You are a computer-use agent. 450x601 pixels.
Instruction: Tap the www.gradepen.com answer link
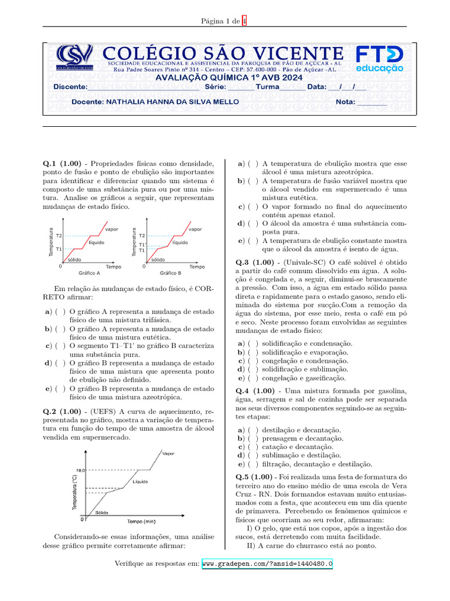point(267,564)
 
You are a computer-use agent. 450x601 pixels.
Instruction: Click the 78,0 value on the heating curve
point(81,471)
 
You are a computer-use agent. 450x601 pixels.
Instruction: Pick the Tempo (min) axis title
point(141,521)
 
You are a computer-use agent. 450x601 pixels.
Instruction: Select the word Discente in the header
point(70,86)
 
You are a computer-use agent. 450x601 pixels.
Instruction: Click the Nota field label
point(346,102)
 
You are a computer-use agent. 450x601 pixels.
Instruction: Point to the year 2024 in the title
point(291,77)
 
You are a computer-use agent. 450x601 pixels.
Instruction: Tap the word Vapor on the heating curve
point(169,454)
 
